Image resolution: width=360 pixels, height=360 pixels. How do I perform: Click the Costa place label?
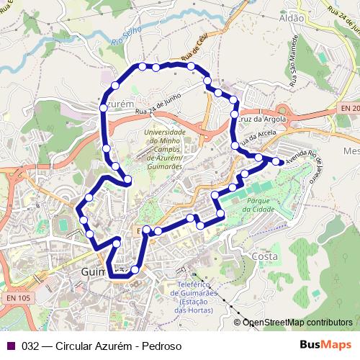click(265, 256)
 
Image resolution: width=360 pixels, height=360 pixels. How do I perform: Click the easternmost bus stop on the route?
click(282, 161)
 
